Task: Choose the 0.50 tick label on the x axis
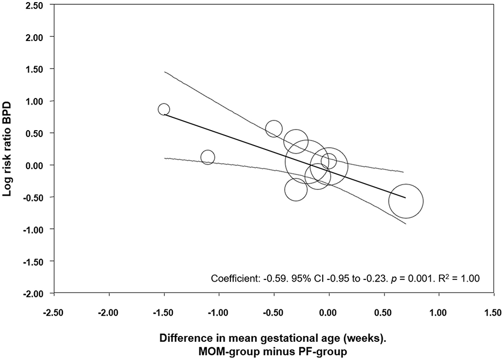pyautogui.click(x=384, y=310)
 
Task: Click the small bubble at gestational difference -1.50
pyautogui.click(x=164, y=109)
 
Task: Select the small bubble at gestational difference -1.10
pyautogui.click(x=207, y=157)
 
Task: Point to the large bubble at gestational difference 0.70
pyautogui.click(x=406, y=201)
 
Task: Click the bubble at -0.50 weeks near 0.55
pyautogui.click(x=274, y=129)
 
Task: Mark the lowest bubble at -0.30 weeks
pyautogui.click(x=296, y=189)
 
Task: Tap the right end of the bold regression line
pyautogui.click(x=405, y=197)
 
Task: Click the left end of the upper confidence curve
pyautogui.click(x=164, y=71)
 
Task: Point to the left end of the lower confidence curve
pyautogui.click(x=164, y=158)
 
